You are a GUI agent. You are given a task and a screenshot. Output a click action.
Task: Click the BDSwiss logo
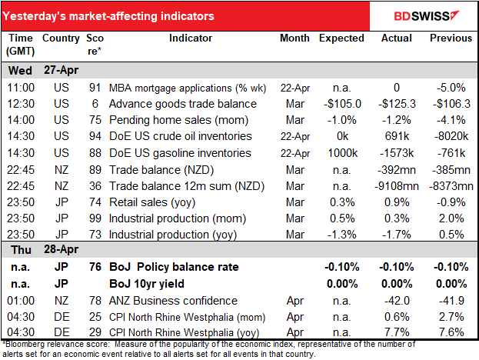(428, 15)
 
